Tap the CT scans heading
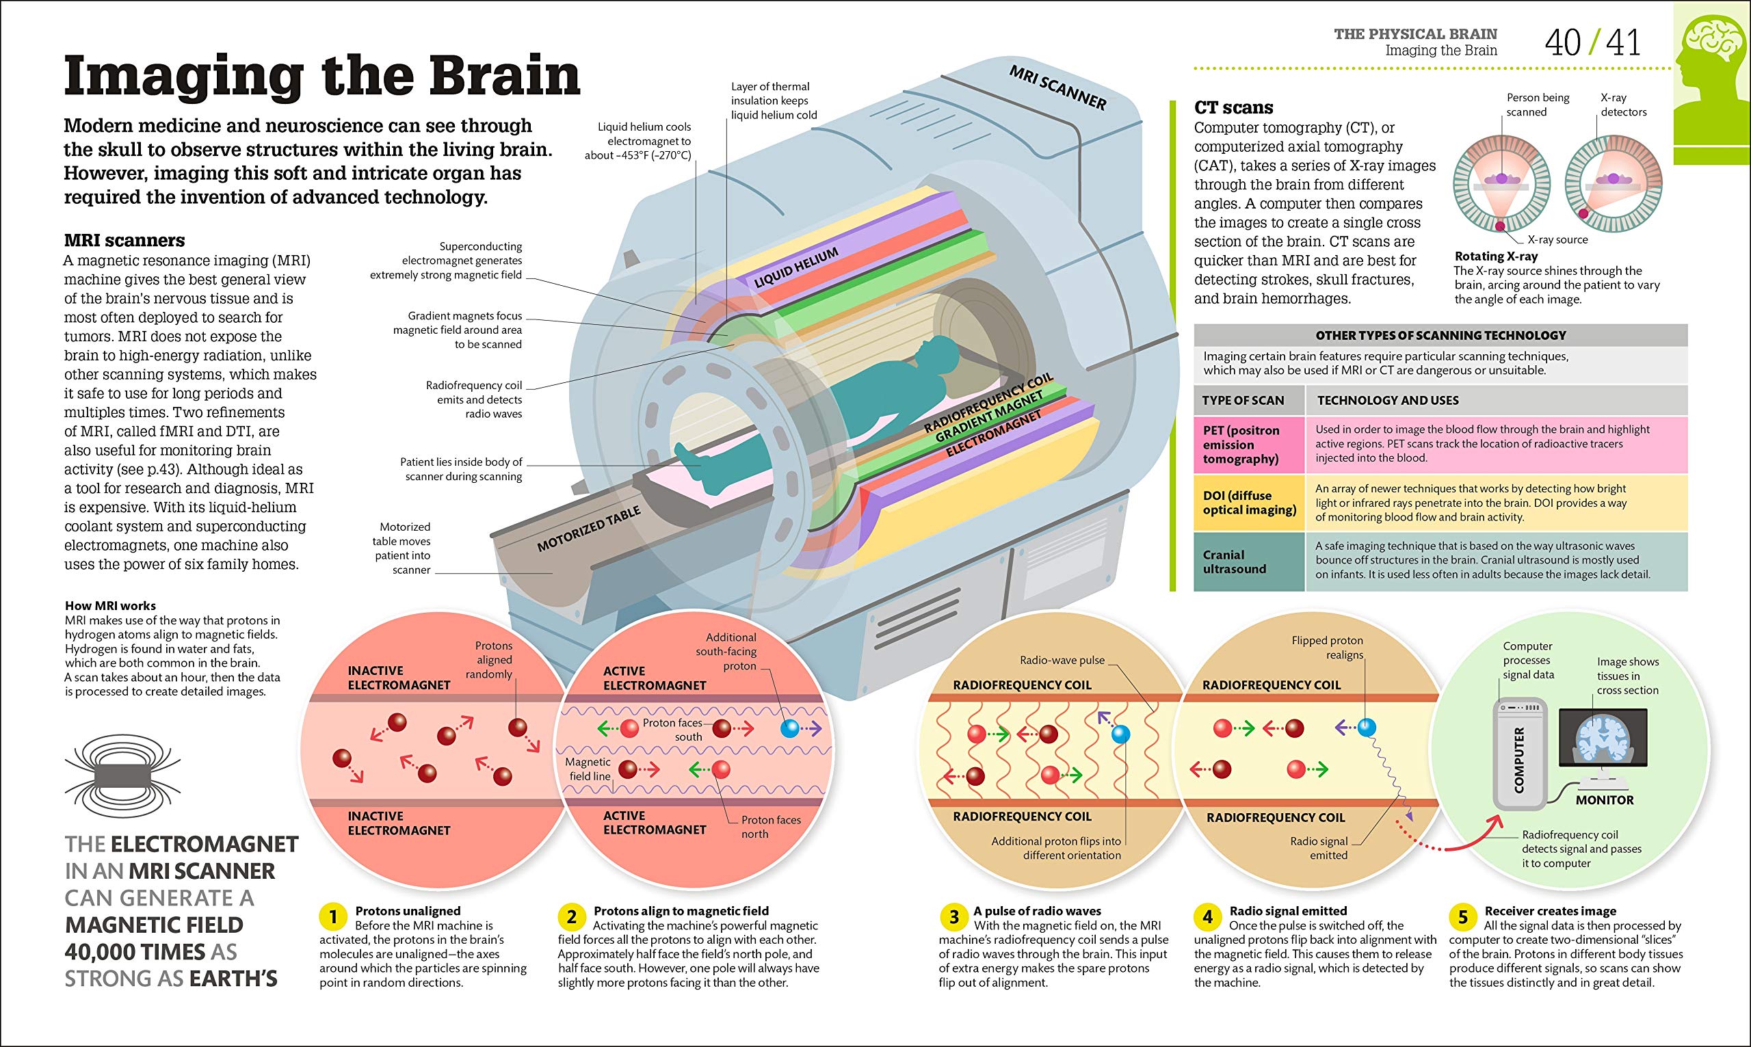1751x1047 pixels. coord(1233,107)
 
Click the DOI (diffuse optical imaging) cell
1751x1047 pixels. coord(1249,503)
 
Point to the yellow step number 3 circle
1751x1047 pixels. coord(953,917)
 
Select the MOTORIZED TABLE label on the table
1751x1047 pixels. coord(589,529)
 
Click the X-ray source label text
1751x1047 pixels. coord(1557,239)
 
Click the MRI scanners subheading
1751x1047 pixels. coord(124,240)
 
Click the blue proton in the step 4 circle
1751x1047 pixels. coord(1367,727)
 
